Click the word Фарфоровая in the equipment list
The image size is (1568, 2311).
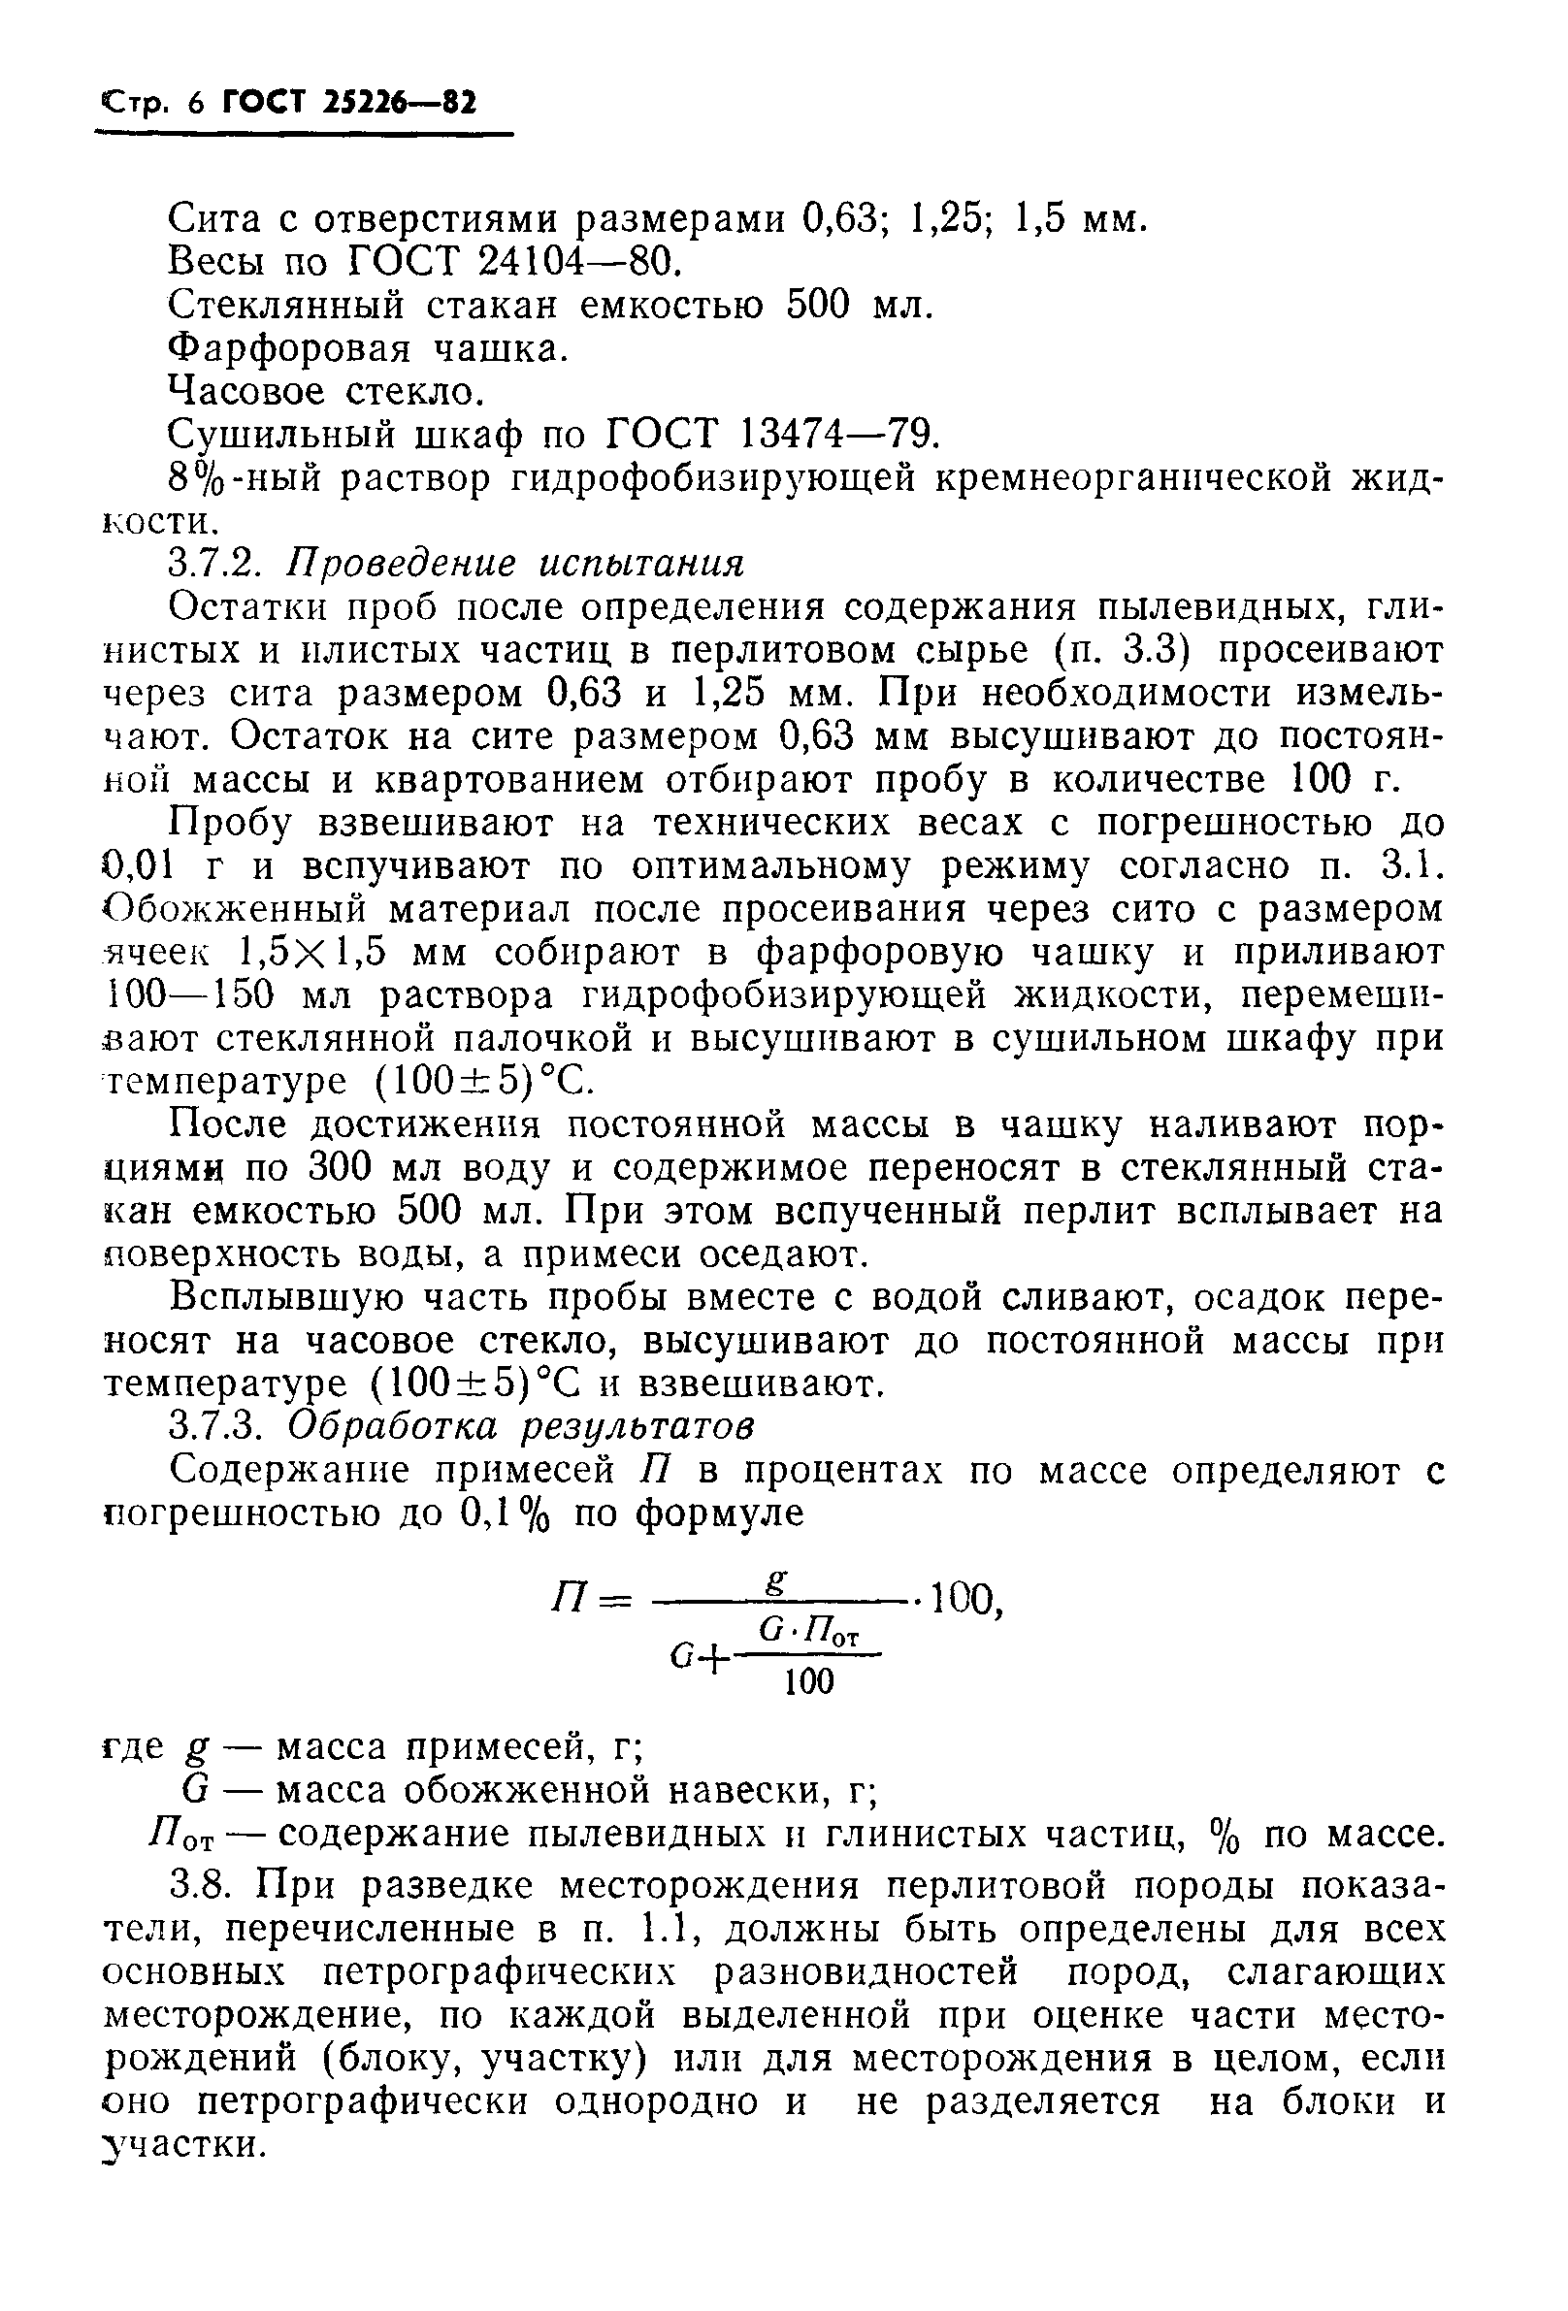[289, 348]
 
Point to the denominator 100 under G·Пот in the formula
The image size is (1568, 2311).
[808, 1681]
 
